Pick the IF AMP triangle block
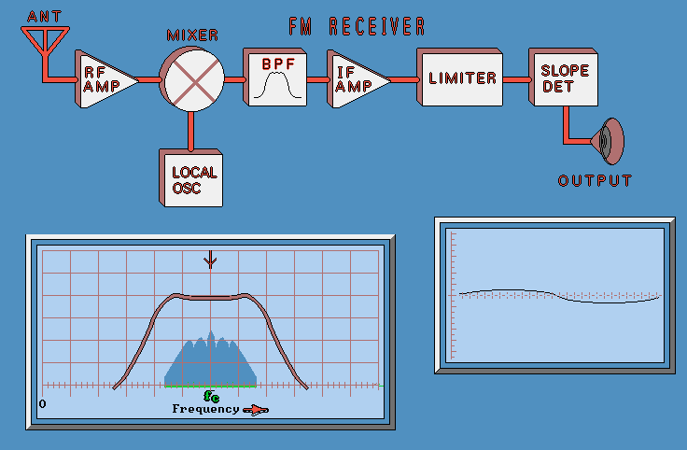pos(356,80)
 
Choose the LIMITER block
pos(462,77)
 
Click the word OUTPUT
pos(595,180)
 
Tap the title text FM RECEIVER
pos(358,26)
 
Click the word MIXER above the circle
pos(192,35)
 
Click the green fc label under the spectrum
pos(211,396)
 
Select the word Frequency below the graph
pos(205,409)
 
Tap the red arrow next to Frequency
pos(255,410)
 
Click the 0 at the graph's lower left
pos(42,403)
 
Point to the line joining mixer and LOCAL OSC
pos(192,130)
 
